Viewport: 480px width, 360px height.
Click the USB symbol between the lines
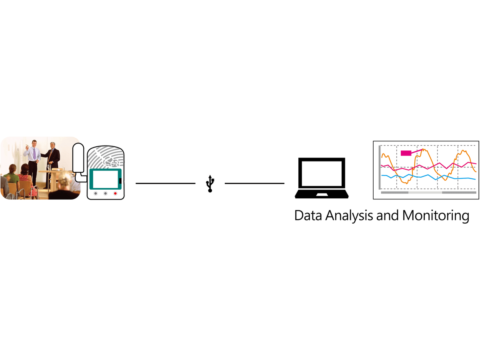(210, 184)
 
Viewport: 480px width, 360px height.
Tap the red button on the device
(115, 194)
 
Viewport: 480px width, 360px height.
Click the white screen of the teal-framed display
(106, 179)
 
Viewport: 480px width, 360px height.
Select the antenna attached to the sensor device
(78, 158)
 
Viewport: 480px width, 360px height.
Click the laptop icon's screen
(322, 174)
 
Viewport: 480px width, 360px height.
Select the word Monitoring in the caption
(436, 216)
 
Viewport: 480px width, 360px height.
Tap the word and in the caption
(388, 215)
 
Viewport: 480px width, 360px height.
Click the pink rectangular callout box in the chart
(406, 153)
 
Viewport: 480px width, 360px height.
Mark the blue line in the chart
(428, 177)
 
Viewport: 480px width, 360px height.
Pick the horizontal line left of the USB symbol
(165, 183)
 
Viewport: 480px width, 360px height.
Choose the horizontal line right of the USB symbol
(254, 183)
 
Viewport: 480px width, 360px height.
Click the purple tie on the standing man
(34, 154)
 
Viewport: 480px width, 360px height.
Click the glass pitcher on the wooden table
(48, 168)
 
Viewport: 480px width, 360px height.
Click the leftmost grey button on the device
(96, 194)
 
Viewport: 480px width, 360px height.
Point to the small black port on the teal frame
(120, 181)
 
